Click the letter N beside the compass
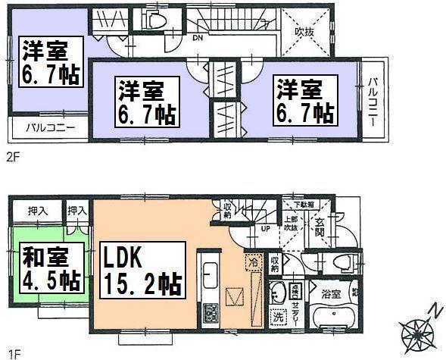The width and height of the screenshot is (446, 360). tap(432, 308)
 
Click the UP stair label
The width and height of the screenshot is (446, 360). tap(265, 228)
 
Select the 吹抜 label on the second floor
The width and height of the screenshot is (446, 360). tap(305, 33)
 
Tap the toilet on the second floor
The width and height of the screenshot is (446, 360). tap(158, 23)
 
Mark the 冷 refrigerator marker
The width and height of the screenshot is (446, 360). tap(251, 262)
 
